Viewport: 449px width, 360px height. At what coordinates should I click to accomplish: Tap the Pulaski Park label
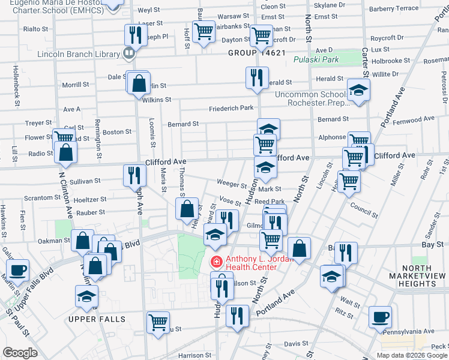pos(316,60)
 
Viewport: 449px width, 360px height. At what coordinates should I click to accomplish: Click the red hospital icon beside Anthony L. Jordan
pos(214,262)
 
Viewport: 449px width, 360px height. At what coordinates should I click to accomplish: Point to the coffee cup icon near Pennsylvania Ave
pos(380,316)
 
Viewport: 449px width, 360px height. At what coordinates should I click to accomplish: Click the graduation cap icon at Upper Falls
pos(86,296)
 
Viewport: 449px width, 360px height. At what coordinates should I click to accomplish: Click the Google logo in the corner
pos(20,353)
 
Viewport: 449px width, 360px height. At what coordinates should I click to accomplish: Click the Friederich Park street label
pos(231,109)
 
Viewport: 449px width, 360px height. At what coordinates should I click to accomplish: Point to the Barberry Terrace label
pos(410,8)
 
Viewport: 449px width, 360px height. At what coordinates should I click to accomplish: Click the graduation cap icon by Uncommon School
pos(358,90)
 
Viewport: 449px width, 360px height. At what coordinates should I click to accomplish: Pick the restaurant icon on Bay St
pos(346,251)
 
